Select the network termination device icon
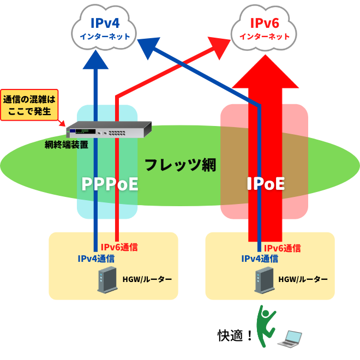(x=108, y=129)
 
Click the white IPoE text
(x=265, y=184)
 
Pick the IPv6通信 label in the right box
(x=279, y=248)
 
